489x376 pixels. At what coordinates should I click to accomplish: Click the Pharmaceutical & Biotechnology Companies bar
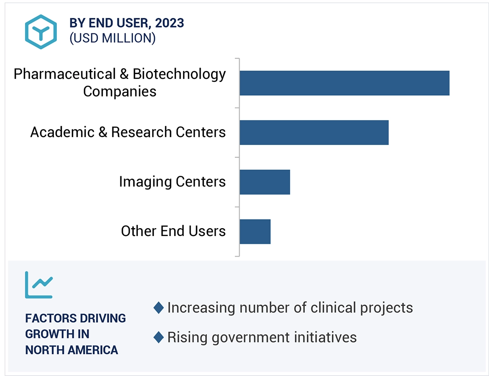[344, 83]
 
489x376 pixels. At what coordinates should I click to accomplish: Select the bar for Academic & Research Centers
[314, 132]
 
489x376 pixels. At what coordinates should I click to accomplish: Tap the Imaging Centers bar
[265, 182]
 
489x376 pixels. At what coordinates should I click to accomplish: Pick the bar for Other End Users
[255, 231]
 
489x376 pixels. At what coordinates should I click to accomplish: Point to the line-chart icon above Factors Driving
[39, 285]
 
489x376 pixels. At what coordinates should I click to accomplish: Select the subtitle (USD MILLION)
[112, 38]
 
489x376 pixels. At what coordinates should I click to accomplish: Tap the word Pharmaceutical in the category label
[64, 74]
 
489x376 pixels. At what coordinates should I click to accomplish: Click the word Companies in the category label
[120, 91]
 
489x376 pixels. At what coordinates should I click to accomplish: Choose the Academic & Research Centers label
[128, 132]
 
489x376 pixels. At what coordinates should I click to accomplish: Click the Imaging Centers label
[172, 182]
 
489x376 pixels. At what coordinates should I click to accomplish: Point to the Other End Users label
[173, 231]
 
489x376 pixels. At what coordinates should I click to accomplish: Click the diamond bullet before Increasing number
[158, 308]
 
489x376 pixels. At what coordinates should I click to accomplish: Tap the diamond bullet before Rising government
[158, 337]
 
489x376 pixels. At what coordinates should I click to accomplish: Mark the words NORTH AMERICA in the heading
[71, 350]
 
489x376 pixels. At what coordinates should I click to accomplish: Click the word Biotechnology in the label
[179, 74]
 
